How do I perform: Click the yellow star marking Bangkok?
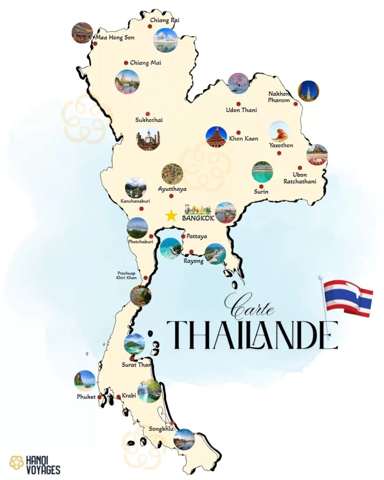coord(171,215)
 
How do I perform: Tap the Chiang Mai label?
coord(145,63)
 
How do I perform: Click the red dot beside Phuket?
coord(99,397)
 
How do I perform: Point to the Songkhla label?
coord(160,428)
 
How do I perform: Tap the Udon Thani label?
coord(241,110)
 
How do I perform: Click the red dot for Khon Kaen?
coord(238,132)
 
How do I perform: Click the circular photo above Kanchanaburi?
coord(136,187)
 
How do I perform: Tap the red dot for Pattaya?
coord(183,236)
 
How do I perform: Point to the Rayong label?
coord(193,261)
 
